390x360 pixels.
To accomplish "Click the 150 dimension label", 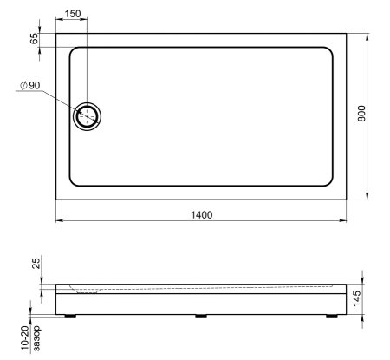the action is pos(73,14).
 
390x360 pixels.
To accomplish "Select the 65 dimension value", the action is pos(34,38).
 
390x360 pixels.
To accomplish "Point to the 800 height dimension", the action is pos(361,114).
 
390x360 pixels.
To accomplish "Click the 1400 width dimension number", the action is pos(202,215).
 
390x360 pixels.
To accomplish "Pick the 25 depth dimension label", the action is pos(36,264).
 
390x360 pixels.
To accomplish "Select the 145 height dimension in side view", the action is pos(356,298).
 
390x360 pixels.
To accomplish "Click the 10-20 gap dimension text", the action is pos(25,339).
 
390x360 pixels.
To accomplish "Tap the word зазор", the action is pos(36,338).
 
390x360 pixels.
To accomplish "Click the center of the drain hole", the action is pos(87,116).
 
